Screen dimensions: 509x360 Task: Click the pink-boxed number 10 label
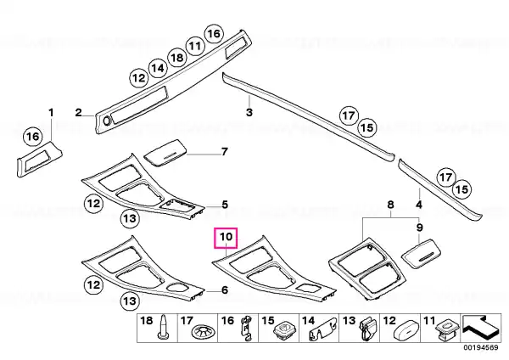click(226, 237)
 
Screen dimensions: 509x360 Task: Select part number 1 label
click(51, 113)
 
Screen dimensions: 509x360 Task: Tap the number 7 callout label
click(224, 151)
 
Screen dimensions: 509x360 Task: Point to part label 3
click(249, 112)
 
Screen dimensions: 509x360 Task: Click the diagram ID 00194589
click(481, 347)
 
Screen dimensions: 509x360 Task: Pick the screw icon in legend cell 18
click(162, 327)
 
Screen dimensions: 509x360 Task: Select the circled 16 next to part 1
click(33, 137)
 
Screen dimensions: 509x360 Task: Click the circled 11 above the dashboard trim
click(195, 46)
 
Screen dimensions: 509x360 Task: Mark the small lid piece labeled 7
click(165, 152)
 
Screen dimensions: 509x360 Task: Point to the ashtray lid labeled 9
click(422, 253)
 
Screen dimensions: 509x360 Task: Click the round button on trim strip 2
click(106, 121)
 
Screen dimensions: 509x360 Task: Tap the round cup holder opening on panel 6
click(177, 287)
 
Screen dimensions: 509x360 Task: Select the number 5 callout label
click(225, 205)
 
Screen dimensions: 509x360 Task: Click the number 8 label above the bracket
click(390, 205)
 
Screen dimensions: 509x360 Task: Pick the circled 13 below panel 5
click(130, 218)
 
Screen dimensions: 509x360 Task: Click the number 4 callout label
click(419, 205)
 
